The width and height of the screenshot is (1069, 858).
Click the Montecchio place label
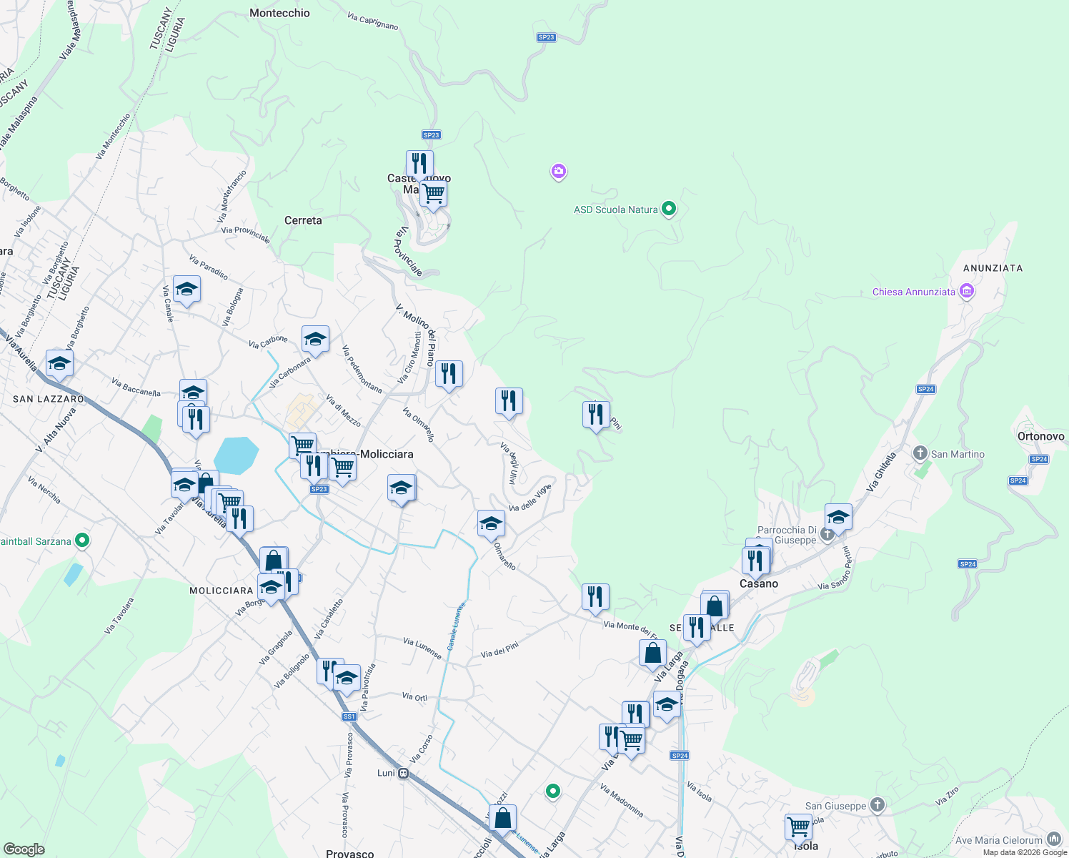pos(279,13)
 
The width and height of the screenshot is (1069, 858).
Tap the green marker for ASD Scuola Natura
pos(669,209)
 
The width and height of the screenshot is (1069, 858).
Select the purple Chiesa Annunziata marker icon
pos(967,291)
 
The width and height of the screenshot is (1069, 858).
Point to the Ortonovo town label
pos(1040,436)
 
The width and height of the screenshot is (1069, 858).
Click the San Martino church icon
pos(920,453)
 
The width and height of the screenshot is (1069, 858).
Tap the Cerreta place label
pos(303,220)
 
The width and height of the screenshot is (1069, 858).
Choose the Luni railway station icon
pos(404,773)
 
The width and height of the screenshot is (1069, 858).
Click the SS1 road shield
pos(349,716)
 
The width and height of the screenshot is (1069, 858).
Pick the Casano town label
pos(759,583)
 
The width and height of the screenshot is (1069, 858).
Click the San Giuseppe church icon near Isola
pos(877,805)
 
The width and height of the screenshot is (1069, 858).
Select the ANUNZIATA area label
pos(993,268)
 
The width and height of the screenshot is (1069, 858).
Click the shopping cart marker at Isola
pos(798,827)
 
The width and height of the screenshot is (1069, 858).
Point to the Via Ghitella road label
pos(881,472)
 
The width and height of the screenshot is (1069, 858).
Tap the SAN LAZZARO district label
pos(49,399)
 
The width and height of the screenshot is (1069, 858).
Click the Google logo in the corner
pos(24,849)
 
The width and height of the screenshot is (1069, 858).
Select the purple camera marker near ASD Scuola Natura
pos(559,171)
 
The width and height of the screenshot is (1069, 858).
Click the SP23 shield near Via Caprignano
pos(546,37)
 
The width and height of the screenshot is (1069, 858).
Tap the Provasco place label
pos(349,853)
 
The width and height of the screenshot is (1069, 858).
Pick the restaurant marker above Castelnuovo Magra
pos(419,163)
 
